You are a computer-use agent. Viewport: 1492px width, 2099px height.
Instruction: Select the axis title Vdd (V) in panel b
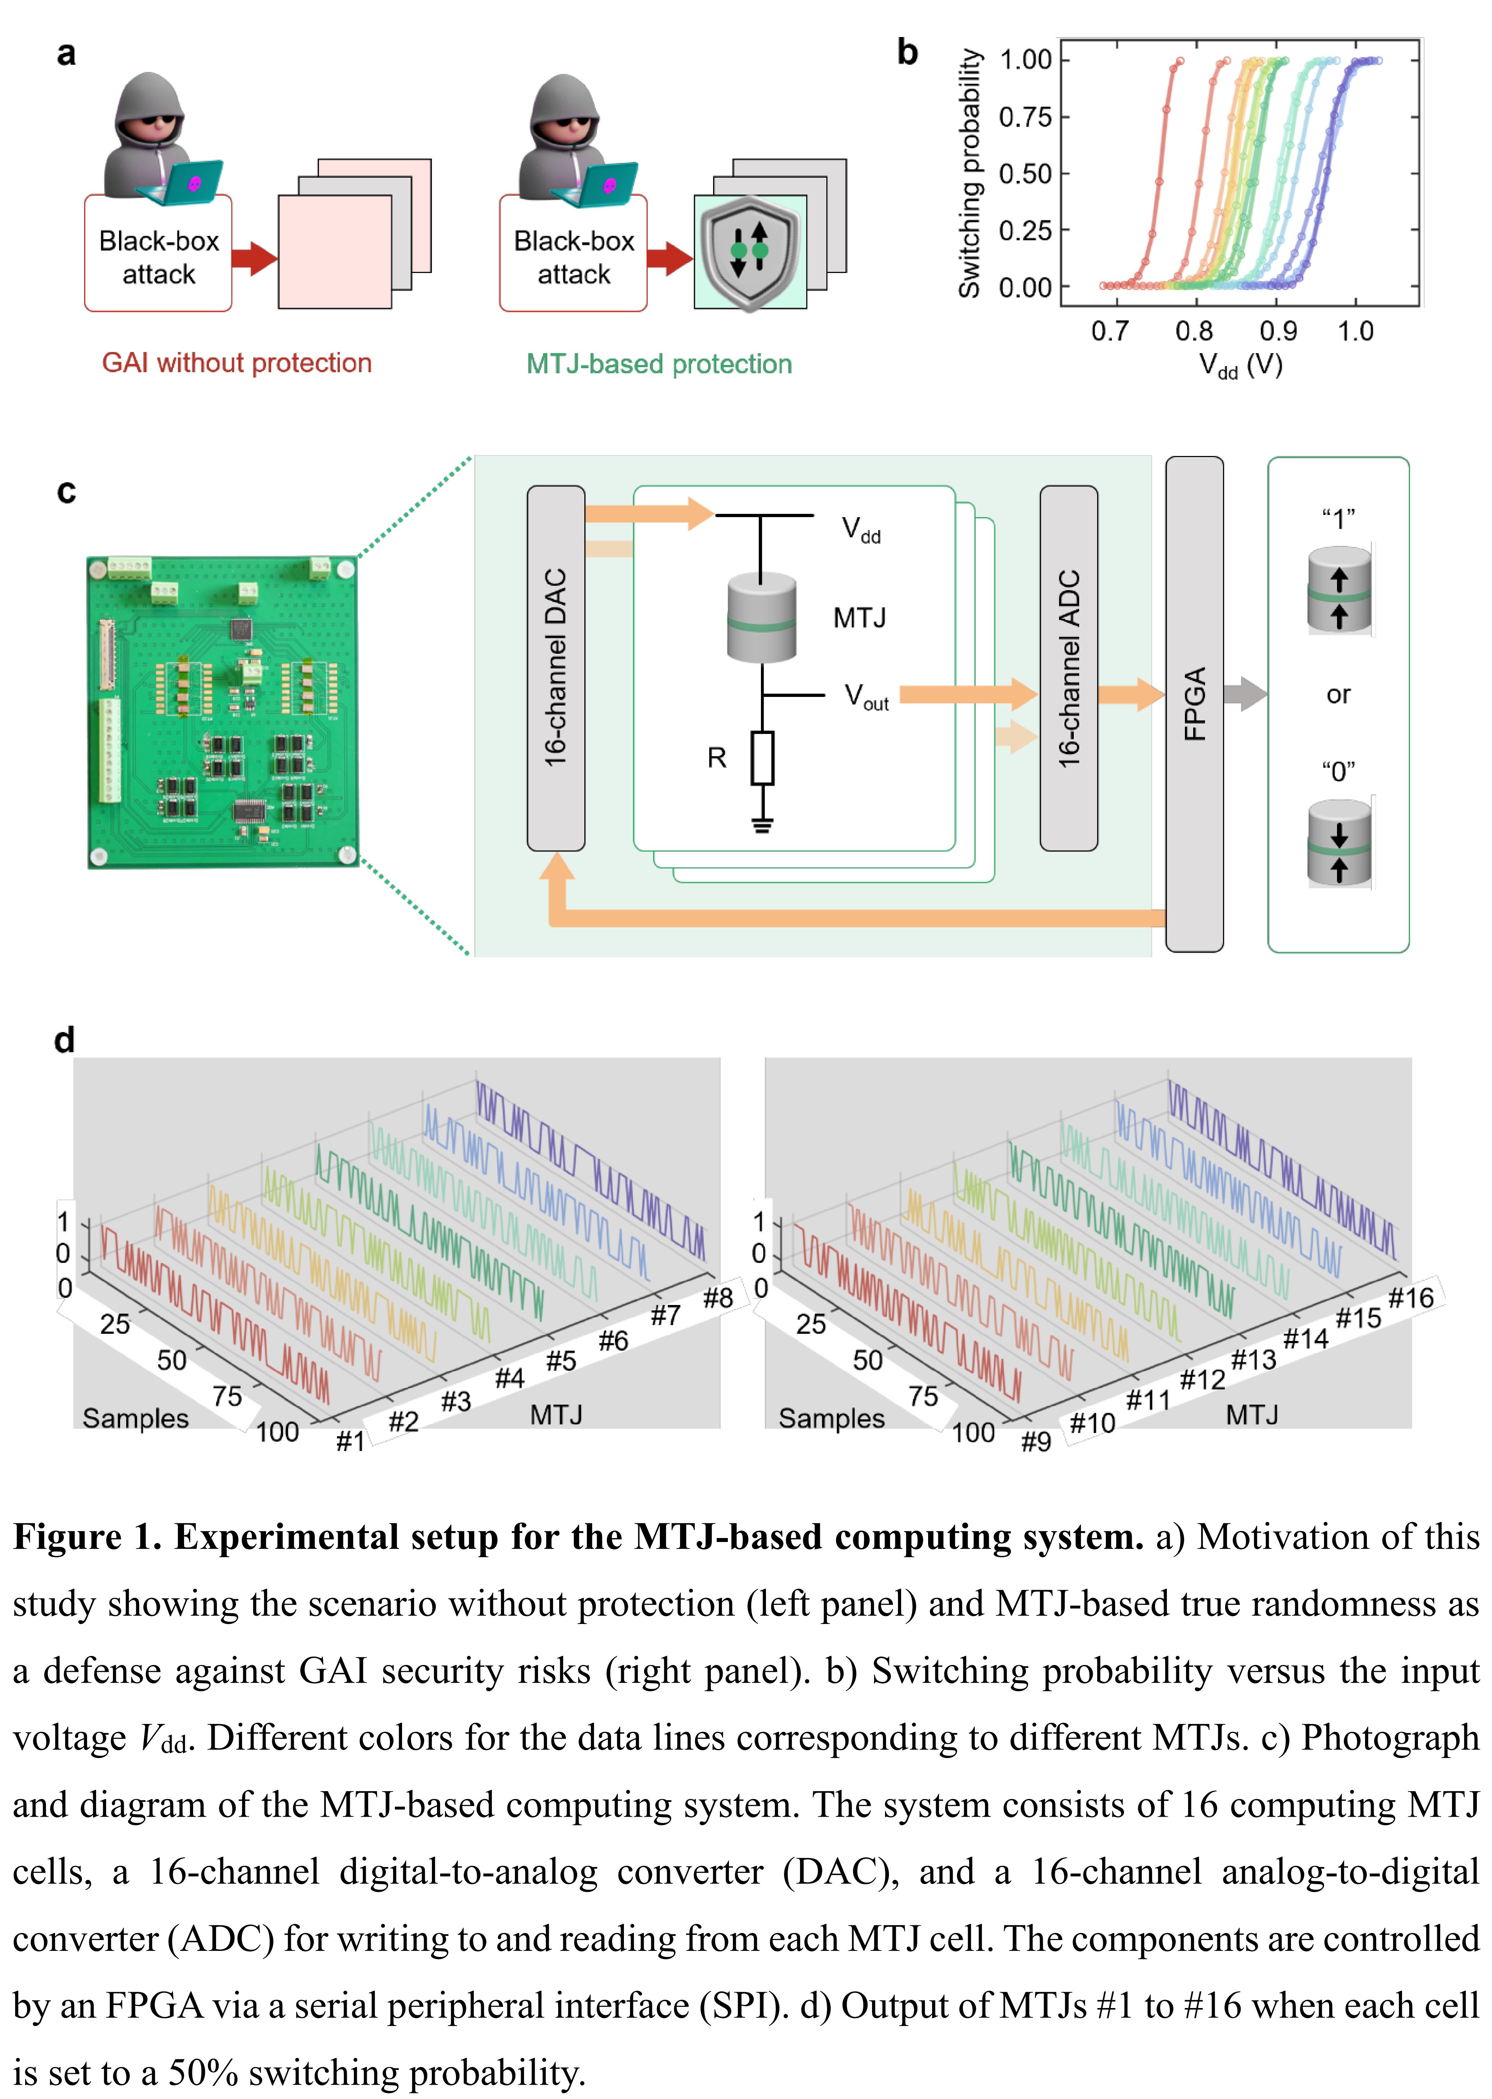[1240, 366]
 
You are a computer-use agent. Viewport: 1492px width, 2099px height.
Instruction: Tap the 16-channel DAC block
[556, 668]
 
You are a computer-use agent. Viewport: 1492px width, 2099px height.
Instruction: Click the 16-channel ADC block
[1068, 668]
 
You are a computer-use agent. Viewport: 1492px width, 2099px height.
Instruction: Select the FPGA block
[1194, 704]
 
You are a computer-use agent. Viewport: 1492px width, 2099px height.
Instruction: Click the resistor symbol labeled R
[762, 758]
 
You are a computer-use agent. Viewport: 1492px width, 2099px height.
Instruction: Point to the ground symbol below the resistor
[762, 824]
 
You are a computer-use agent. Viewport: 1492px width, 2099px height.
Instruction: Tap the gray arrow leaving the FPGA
[1246, 694]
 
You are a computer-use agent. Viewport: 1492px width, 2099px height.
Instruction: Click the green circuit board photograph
[222, 712]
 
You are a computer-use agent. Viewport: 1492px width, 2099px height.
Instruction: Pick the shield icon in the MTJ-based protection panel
[750, 251]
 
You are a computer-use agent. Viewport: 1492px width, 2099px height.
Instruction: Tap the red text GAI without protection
[237, 363]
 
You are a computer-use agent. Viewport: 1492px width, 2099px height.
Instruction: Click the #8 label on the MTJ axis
[717, 1297]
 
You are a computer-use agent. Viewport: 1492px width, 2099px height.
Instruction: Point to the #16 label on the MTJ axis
[1411, 1297]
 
